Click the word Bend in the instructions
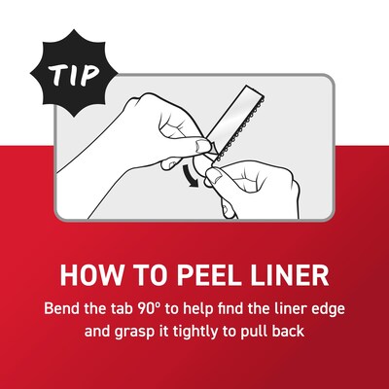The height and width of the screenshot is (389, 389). point(64,308)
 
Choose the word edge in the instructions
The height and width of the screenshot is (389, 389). point(324,308)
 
